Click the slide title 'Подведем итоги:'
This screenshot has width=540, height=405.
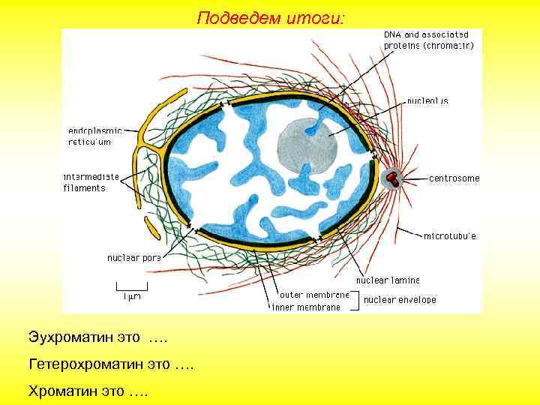271,16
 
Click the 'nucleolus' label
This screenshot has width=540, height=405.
427,100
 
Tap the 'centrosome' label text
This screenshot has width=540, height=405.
454,178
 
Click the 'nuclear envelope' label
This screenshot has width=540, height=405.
400,300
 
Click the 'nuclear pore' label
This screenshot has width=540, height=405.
133,257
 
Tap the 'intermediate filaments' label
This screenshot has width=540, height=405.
91,182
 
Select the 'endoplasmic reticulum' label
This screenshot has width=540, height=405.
95,135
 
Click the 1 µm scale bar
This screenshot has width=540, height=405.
132,287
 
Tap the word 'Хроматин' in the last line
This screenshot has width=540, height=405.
63,391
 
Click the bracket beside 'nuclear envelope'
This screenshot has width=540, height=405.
357,301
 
